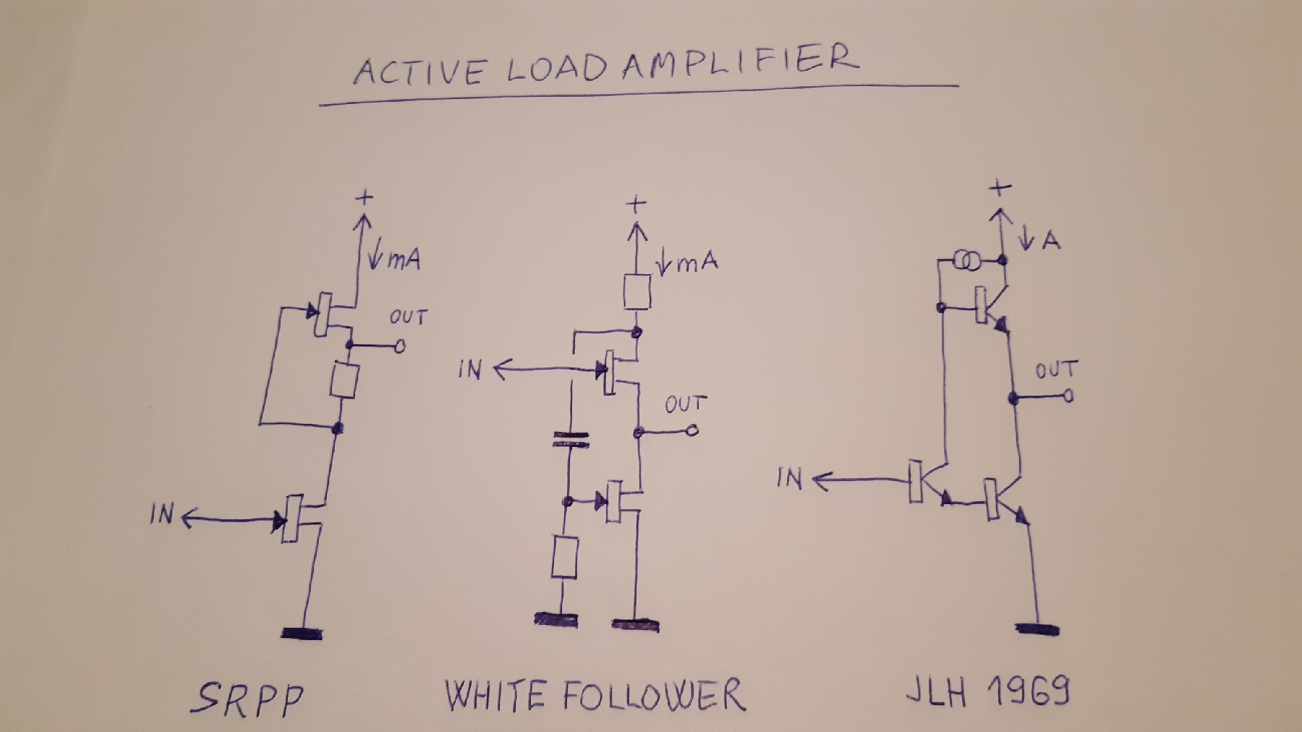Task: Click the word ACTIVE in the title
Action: [x=419, y=71]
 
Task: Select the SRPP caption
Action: [x=248, y=699]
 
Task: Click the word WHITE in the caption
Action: [x=494, y=696]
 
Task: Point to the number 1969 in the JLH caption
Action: [x=1029, y=691]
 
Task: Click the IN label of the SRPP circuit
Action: [x=163, y=514]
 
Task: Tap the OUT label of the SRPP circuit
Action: [x=408, y=317]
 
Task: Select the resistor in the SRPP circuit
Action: [x=344, y=380]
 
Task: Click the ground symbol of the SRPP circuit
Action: [x=302, y=634]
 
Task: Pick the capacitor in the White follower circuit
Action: [x=571, y=439]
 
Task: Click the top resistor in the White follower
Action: [x=637, y=292]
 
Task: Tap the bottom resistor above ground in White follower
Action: [x=564, y=557]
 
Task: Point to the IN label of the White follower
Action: [x=469, y=370]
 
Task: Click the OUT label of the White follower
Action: [x=684, y=404]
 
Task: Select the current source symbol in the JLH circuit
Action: [x=964, y=261]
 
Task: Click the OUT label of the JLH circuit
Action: [x=1056, y=370]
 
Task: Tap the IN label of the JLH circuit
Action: [x=789, y=478]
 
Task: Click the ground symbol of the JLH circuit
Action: [x=1038, y=628]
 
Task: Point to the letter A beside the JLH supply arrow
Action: [x=1051, y=240]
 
